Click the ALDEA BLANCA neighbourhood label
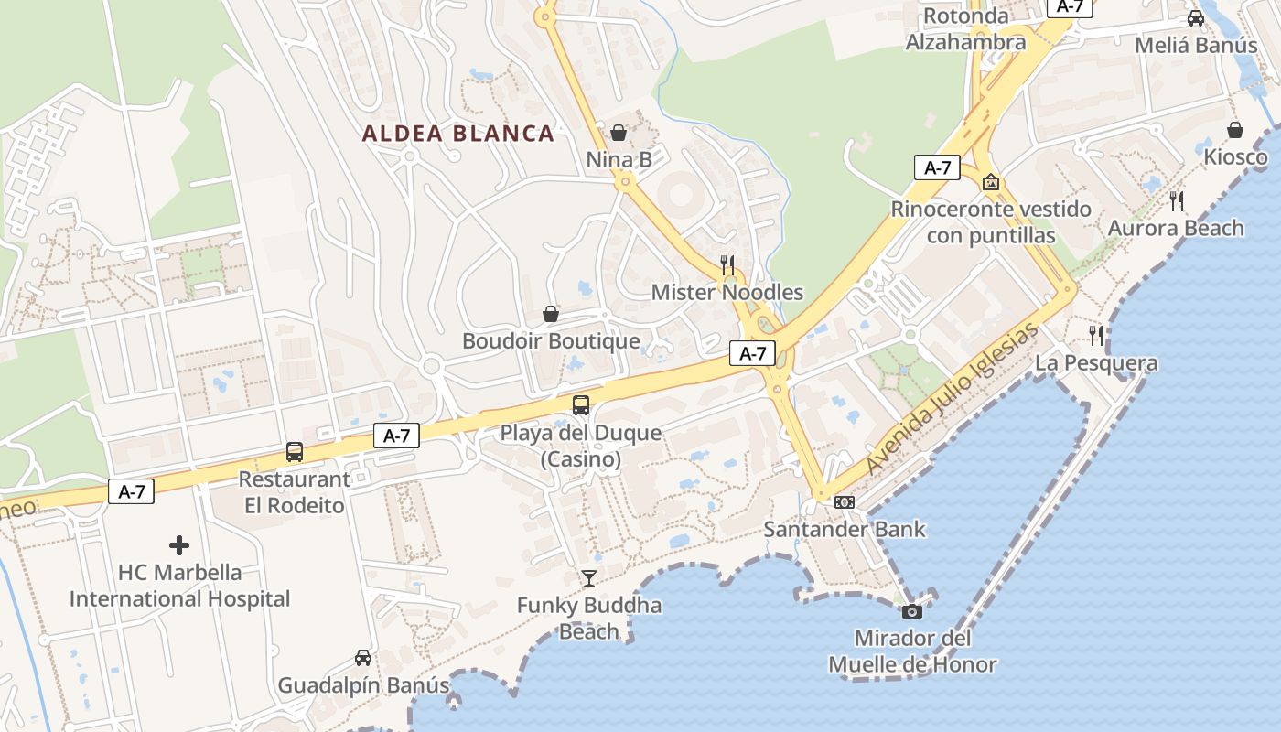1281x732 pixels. (x=458, y=134)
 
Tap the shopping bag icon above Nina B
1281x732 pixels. (x=619, y=133)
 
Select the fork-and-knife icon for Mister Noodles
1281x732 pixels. (x=727, y=265)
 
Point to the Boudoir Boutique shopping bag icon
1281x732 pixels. (x=551, y=314)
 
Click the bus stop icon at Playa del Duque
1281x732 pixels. (x=581, y=405)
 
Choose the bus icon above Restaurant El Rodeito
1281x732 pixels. (x=295, y=451)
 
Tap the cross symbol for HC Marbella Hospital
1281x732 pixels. (x=179, y=545)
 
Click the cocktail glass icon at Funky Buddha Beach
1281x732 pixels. (x=589, y=577)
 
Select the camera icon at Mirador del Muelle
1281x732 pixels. (x=912, y=611)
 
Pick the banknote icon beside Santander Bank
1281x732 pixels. (x=845, y=502)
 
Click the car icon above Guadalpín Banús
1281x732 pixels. (x=363, y=658)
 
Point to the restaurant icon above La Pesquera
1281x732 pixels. (x=1096, y=335)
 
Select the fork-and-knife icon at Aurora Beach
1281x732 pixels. (x=1177, y=200)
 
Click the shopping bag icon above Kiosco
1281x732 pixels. (x=1235, y=130)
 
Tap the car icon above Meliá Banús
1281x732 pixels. (x=1196, y=17)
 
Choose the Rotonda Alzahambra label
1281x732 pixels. (x=965, y=29)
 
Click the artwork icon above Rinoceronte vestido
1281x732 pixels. (x=991, y=182)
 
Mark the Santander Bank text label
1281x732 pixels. (x=845, y=529)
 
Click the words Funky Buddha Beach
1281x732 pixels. (x=589, y=618)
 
